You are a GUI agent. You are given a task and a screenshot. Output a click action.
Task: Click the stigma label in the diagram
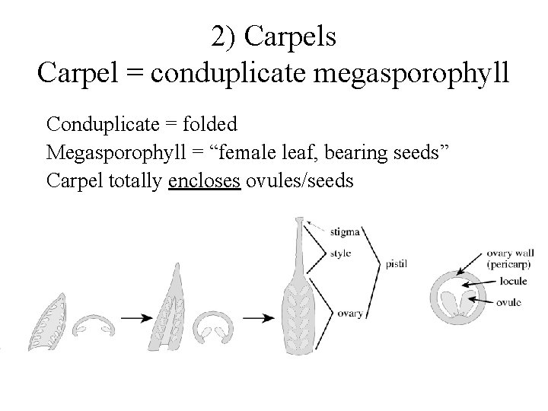pos(345,230)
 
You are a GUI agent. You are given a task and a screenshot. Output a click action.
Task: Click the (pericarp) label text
pos(508,264)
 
